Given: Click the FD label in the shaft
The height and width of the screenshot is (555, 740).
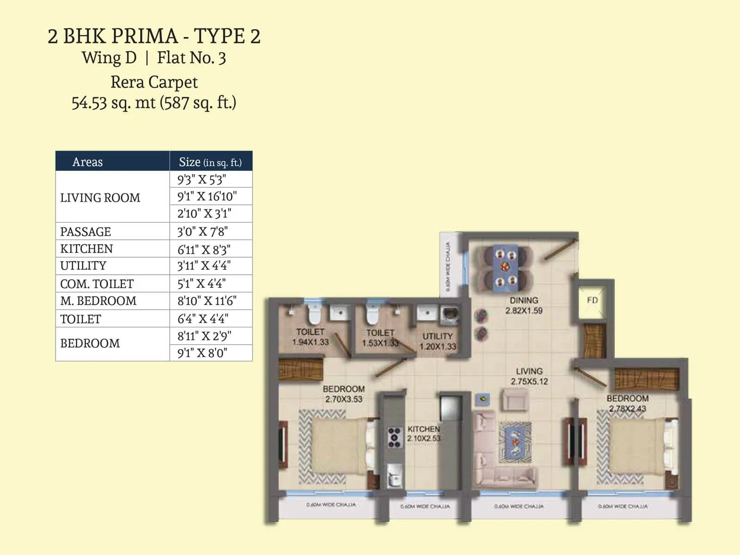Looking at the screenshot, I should tap(592, 300).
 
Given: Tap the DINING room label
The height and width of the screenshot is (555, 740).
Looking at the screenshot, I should tap(524, 300).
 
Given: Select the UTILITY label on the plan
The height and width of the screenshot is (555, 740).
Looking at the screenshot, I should tap(438, 336).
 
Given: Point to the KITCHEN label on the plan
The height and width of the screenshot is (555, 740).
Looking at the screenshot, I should tap(423, 429).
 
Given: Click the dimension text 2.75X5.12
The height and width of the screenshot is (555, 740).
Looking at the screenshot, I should tap(529, 382).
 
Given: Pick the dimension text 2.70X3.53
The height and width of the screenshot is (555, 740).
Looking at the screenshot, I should tap(344, 399).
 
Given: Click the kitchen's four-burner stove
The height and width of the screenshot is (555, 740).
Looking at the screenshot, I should tap(394, 438).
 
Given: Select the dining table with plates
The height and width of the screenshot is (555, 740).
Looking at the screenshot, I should tap(505, 268).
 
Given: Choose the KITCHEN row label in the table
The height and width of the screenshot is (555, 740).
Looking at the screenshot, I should tap(86, 249).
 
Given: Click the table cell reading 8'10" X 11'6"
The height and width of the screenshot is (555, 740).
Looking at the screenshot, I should tap(207, 301).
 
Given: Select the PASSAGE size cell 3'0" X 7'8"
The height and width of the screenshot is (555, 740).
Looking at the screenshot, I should tap(203, 231).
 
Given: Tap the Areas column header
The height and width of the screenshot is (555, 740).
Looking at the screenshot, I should tap(87, 162).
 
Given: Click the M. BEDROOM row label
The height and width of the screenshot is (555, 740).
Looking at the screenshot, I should tap(98, 301).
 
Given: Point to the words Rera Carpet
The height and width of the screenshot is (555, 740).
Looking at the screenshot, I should tap(154, 82).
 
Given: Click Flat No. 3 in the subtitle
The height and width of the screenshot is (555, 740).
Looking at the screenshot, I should tap(191, 58).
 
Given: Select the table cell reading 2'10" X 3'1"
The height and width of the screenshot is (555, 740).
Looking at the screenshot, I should tap(204, 214).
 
